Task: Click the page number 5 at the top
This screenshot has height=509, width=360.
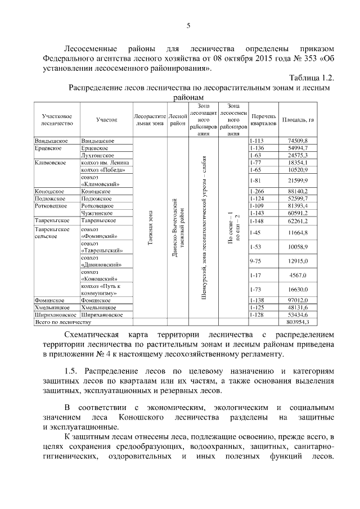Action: coord(188,25)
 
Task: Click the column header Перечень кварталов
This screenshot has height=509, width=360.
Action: coord(263,119)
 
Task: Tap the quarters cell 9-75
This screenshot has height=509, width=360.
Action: coord(255,262)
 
